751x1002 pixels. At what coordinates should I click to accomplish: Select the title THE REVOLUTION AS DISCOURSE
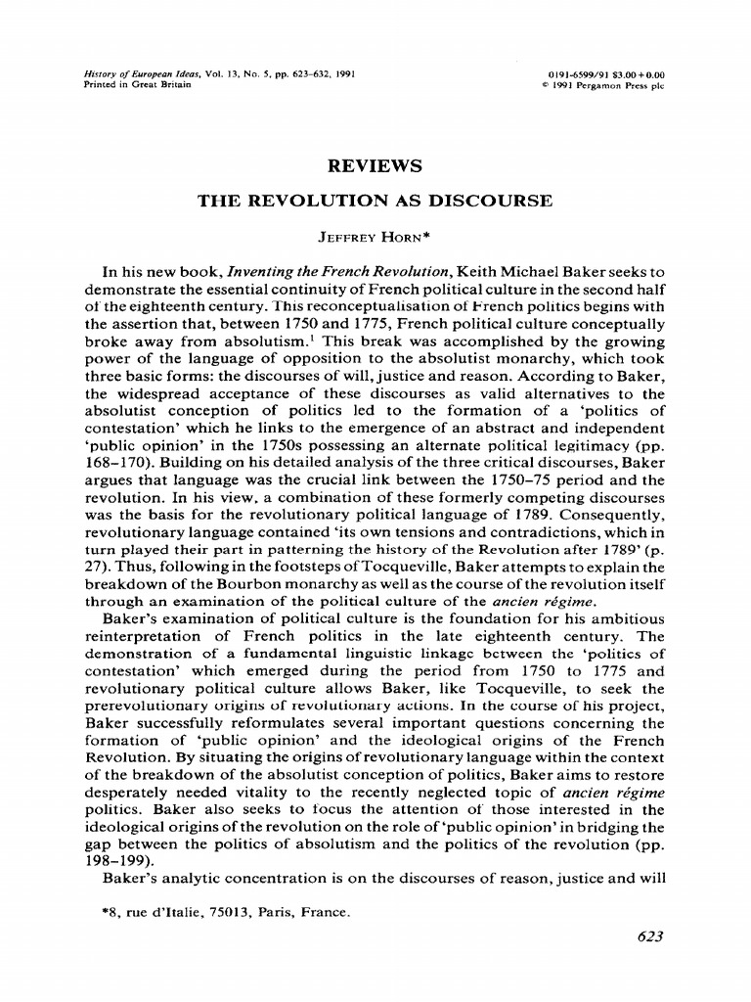coord(375,202)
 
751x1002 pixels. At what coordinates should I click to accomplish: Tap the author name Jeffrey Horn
coord(375,237)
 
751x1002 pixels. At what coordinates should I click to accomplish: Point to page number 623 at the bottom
coord(648,936)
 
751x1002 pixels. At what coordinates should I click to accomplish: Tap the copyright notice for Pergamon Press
coord(602,84)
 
